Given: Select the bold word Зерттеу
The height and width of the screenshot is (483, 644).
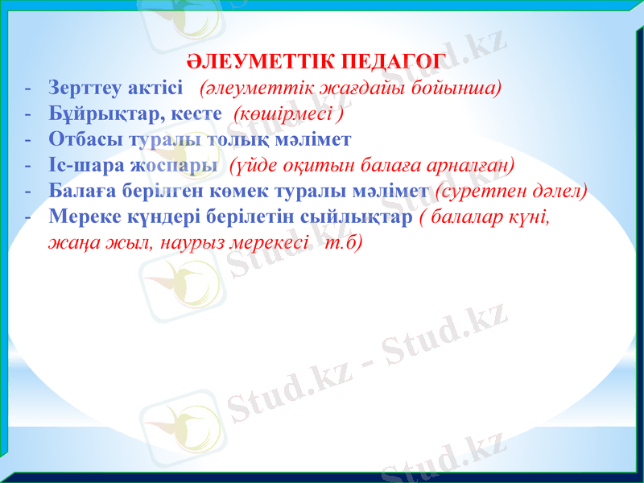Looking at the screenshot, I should click(x=81, y=87).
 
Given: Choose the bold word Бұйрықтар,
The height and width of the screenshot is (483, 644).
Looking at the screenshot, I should click(x=95, y=114).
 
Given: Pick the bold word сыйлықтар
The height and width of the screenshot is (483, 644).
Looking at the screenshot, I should click(x=361, y=218).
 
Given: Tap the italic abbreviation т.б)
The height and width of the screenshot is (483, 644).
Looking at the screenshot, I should click(x=342, y=243).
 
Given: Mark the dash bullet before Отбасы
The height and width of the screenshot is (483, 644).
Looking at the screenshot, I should click(x=28, y=140).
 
